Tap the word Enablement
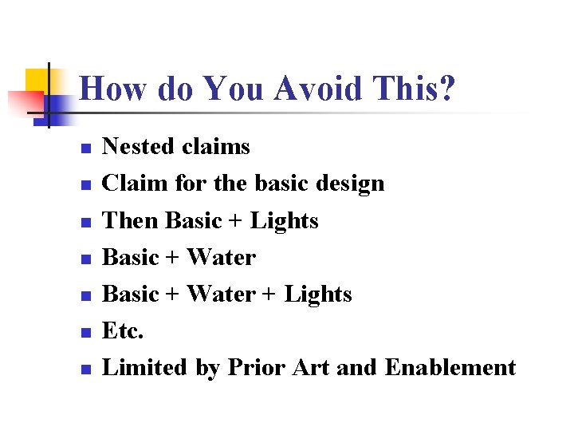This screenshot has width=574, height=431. point(450,368)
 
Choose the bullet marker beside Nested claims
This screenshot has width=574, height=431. point(85,148)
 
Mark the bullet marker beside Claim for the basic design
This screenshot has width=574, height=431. point(85,185)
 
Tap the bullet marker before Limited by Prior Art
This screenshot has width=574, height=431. point(85,370)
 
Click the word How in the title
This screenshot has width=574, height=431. point(107,89)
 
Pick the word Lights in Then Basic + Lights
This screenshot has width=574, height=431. point(285,220)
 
